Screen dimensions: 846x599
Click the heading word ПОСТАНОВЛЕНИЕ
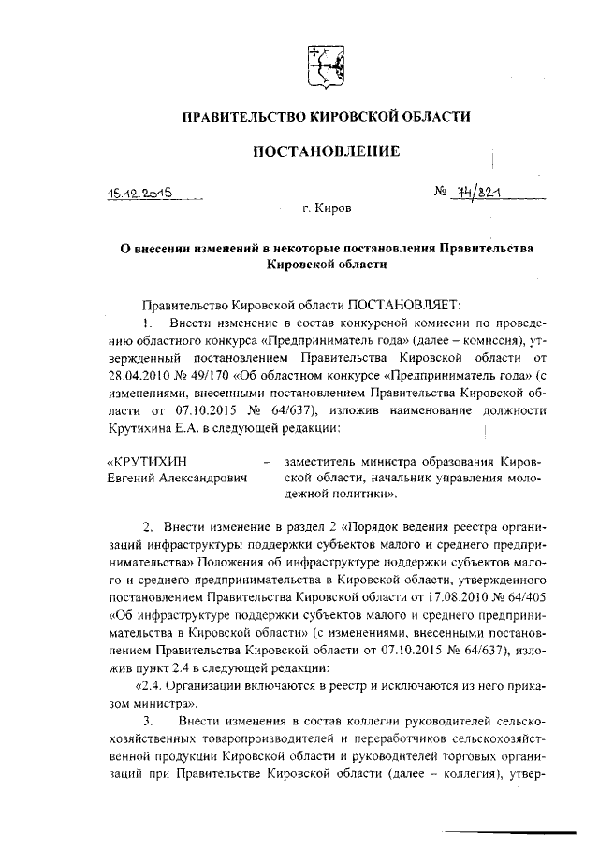pyautogui.click(x=325, y=151)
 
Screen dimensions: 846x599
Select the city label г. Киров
pyautogui.click(x=327, y=211)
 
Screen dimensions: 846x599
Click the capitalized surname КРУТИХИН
pyautogui.click(x=147, y=461)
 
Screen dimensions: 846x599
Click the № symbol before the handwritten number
pyautogui.click(x=441, y=192)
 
